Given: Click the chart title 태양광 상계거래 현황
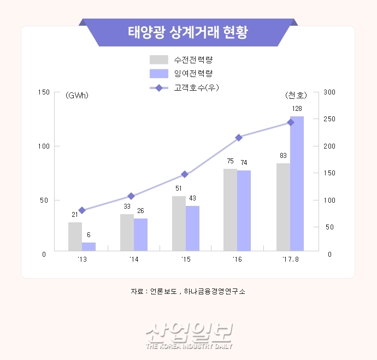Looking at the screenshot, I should coord(188,32).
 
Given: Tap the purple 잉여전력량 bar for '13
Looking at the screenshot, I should coord(89,246).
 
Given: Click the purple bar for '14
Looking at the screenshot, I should coord(140,234).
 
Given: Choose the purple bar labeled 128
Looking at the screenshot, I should coord(297,184).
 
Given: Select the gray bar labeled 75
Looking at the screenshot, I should coord(230,210).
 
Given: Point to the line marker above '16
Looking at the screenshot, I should coord(238,138).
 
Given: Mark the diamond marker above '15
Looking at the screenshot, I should coord(185,174).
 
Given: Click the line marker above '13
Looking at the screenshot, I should coord(82,210).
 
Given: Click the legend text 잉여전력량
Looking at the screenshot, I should coord(193,73).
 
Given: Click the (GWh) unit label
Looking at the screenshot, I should coord(76,96).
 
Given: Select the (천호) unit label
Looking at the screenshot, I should coord(296,96).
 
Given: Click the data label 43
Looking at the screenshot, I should coord(192,198).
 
